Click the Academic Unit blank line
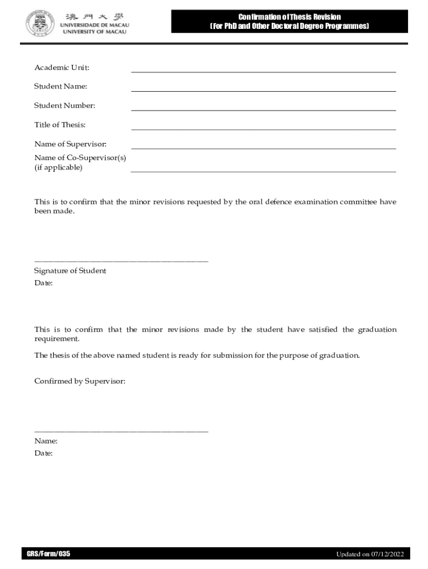pyautogui.click(x=263, y=72)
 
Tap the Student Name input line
pyautogui.click(x=263, y=91)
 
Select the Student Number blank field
pyautogui.click(x=263, y=110)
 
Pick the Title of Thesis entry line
pyautogui.click(x=263, y=129)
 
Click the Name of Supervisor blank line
pyautogui.click(x=263, y=148)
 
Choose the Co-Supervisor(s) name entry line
pyautogui.click(x=263, y=171)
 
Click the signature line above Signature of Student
pyautogui.click(x=121, y=261)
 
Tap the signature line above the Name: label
pyautogui.click(x=121, y=431)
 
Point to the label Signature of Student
pyautogui.click(x=70, y=271)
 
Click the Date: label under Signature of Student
pyautogui.click(x=43, y=283)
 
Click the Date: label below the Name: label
pyautogui.click(x=43, y=453)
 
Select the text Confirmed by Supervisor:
pyautogui.click(x=80, y=381)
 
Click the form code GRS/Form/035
pyautogui.click(x=48, y=553)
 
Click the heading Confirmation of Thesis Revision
pyautogui.click(x=289, y=17)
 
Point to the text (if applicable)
pyautogui.click(x=58, y=167)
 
